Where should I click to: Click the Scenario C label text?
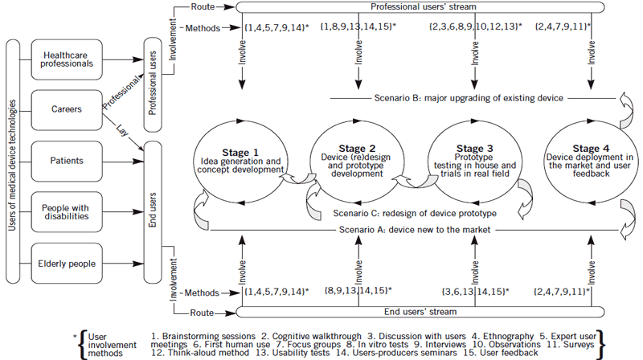tap(414, 214)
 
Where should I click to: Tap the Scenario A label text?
tap(414, 231)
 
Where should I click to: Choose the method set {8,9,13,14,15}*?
tap(358, 290)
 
